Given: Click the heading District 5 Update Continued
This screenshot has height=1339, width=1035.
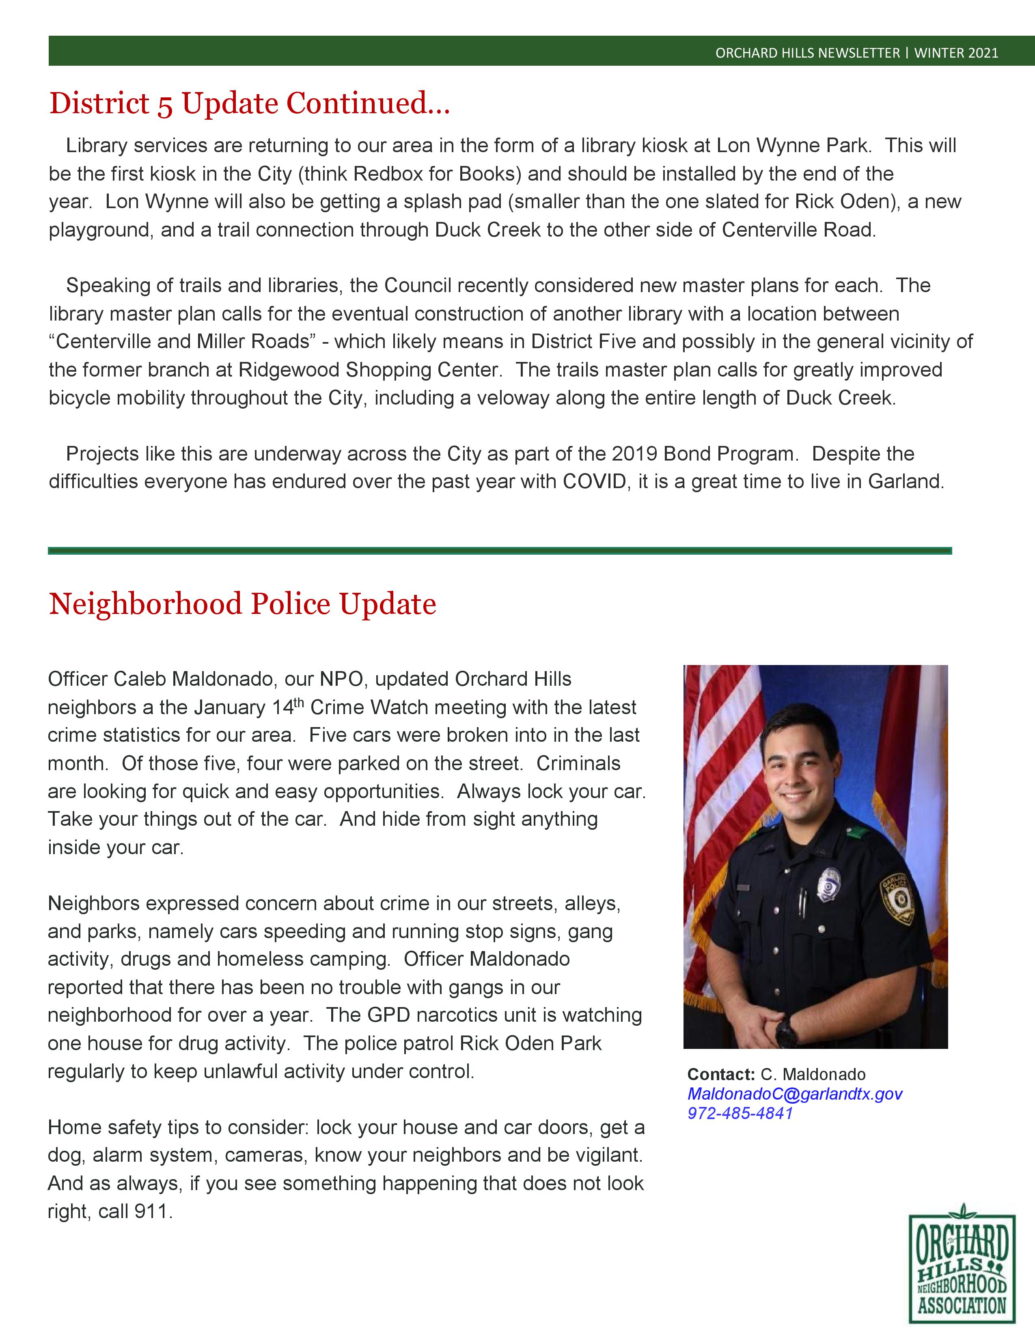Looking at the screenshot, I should (250, 103).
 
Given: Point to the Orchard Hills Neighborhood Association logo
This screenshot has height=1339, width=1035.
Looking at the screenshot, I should (962, 1269).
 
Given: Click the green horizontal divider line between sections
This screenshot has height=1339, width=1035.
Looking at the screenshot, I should (500, 551).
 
